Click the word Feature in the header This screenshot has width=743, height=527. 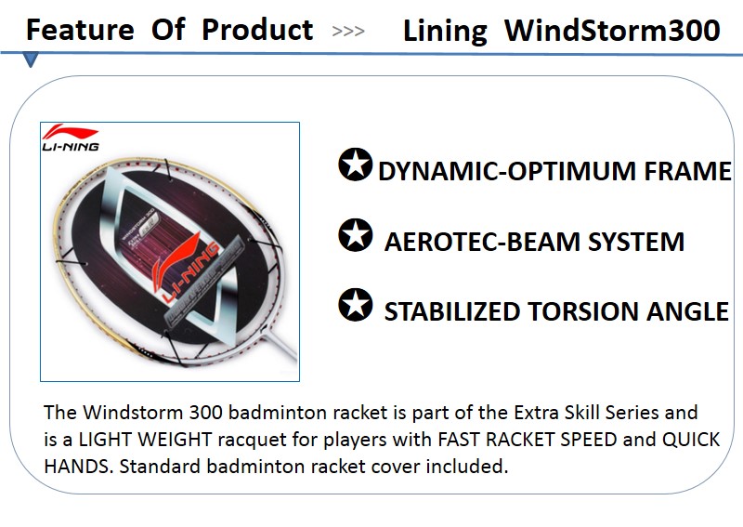coord(79,30)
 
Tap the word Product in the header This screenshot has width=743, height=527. coord(257,30)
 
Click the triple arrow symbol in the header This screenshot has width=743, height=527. coord(348,32)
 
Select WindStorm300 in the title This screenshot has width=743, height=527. coord(612,31)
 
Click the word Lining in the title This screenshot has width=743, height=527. coord(445,32)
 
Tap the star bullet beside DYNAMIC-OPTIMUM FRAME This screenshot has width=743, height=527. coord(355,165)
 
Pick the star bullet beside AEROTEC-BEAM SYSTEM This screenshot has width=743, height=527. coord(355,235)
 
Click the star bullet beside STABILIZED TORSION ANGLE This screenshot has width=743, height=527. coord(355,305)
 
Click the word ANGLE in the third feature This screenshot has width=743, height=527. coord(687,312)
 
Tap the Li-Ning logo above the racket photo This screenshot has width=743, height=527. coord(71,138)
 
